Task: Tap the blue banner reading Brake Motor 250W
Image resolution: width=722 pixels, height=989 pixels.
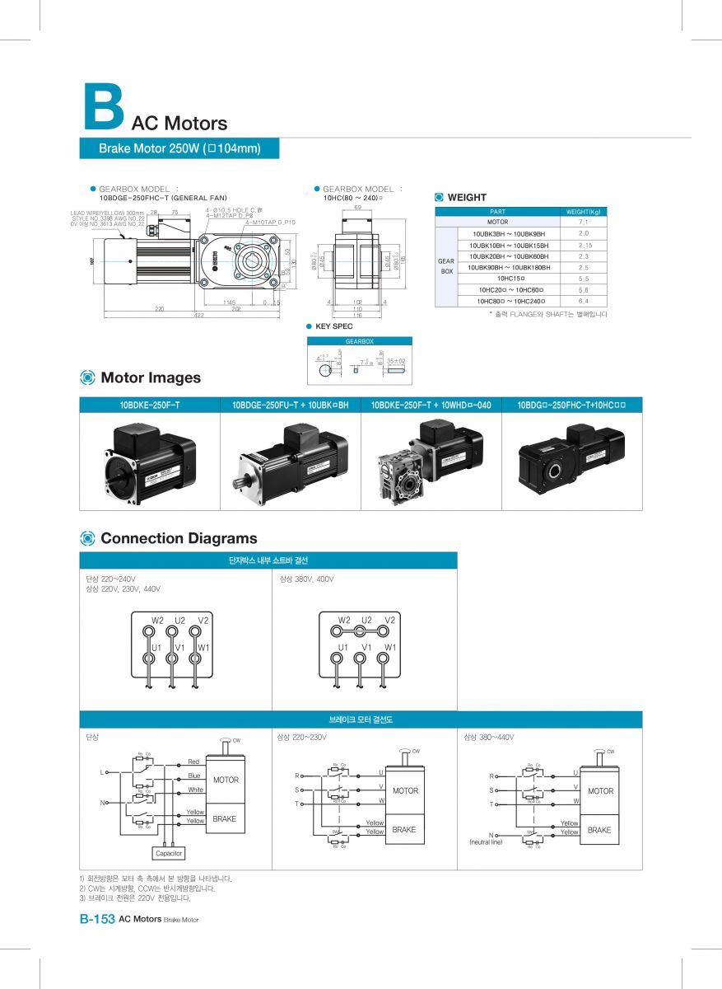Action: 179,148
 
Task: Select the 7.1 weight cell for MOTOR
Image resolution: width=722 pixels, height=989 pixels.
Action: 583,222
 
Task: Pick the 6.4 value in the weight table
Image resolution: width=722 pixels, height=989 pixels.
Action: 583,302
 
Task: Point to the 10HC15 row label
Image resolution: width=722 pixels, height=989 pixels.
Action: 510,279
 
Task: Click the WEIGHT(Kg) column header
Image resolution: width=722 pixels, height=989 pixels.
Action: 583,211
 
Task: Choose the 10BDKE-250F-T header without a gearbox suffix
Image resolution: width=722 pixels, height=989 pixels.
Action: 150,405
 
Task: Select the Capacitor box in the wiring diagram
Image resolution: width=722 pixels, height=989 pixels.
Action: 169,853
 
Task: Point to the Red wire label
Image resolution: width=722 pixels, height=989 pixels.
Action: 193,762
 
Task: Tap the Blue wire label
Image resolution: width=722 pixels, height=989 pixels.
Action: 194,776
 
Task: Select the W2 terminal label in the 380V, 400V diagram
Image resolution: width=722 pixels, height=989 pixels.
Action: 344,620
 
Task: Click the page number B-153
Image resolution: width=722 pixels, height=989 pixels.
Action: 96,919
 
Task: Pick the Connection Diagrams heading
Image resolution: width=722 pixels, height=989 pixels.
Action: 178,538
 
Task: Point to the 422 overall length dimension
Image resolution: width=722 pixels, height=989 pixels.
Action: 198,316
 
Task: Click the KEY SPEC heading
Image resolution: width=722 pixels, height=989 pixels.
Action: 333,326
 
